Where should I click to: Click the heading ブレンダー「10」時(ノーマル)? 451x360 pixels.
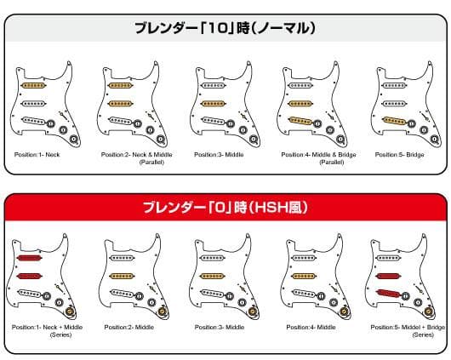coord(225,28)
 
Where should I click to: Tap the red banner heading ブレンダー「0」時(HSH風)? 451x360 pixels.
coord(225,207)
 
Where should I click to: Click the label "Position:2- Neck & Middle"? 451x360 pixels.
coord(131,155)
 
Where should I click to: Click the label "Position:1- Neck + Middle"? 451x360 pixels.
coord(41,326)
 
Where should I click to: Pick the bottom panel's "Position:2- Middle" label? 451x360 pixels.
coord(129,326)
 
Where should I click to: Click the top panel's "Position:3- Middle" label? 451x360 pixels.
coord(219,155)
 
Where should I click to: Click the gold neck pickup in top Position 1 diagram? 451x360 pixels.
coord(32,85)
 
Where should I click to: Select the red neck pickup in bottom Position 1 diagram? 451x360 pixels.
coord(31,257)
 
